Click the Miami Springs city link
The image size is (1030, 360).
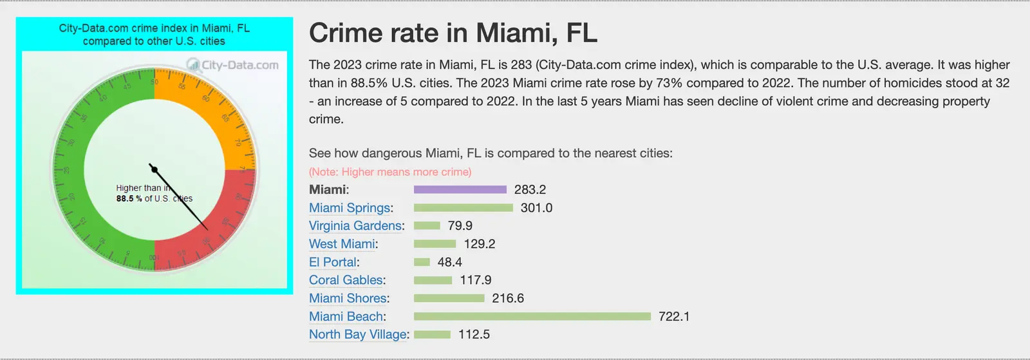coord(350,208)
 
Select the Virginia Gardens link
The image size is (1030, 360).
coord(355,226)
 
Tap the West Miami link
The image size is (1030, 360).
coord(342,244)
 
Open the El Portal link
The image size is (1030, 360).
coord(332,262)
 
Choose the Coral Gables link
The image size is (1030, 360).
coord(346,280)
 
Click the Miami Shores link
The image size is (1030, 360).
coord(348,298)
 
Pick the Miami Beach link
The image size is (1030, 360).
coord(346,316)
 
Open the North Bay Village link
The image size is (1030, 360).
coord(357,334)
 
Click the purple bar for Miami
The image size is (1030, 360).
coord(460,189)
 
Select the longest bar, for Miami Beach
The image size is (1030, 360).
coord(532,316)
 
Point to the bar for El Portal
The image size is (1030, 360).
coord(422,262)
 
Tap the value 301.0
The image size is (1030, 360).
coord(536,208)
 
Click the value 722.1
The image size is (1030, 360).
coord(673,316)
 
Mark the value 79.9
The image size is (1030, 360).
coord(460,226)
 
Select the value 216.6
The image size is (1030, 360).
coord(508,298)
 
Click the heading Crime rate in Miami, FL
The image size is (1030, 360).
coord(453,33)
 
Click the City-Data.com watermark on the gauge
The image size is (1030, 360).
coord(233,65)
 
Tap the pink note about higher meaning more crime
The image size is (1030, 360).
coord(390,172)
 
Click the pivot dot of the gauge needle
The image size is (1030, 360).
coord(154,169)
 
